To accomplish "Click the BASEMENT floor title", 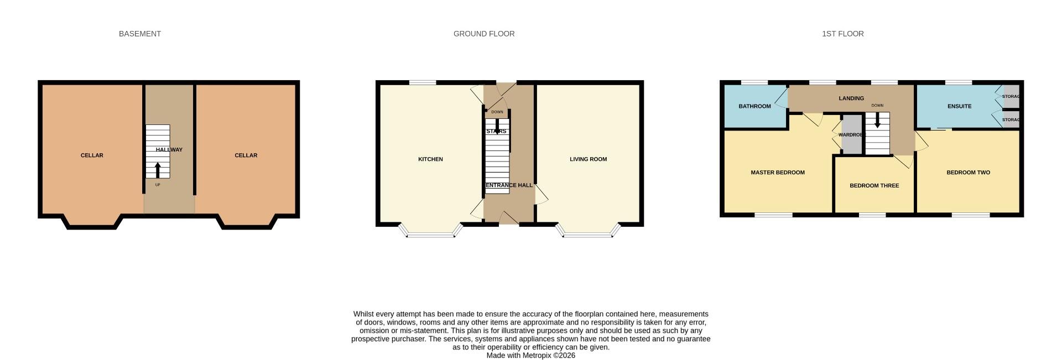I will pyautogui.click(x=140, y=34).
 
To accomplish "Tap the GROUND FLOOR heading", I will pyautogui.click(x=484, y=34).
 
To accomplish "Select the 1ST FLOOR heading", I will pyautogui.click(x=842, y=34).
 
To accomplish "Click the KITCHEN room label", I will pyautogui.click(x=430, y=159).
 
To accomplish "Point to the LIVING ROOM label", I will pyautogui.click(x=588, y=159).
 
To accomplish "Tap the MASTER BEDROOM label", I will pyautogui.click(x=777, y=173).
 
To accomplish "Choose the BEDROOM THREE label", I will pyautogui.click(x=874, y=186).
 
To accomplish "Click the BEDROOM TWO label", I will pyautogui.click(x=968, y=173).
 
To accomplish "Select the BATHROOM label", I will pyautogui.click(x=754, y=106).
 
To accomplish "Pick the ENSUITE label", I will pyautogui.click(x=959, y=106).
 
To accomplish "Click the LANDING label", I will pyautogui.click(x=851, y=98).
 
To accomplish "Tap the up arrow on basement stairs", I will pyautogui.click(x=158, y=169).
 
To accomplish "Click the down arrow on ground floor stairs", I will pyautogui.click(x=497, y=128).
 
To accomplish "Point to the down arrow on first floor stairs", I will pyautogui.click(x=877, y=120).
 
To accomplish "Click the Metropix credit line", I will pyautogui.click(x=530, y=356).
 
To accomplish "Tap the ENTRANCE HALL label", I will pyautogui.click(x=509, y=185).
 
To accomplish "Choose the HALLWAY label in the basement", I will pyautogui.click(x=169, y=150).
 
